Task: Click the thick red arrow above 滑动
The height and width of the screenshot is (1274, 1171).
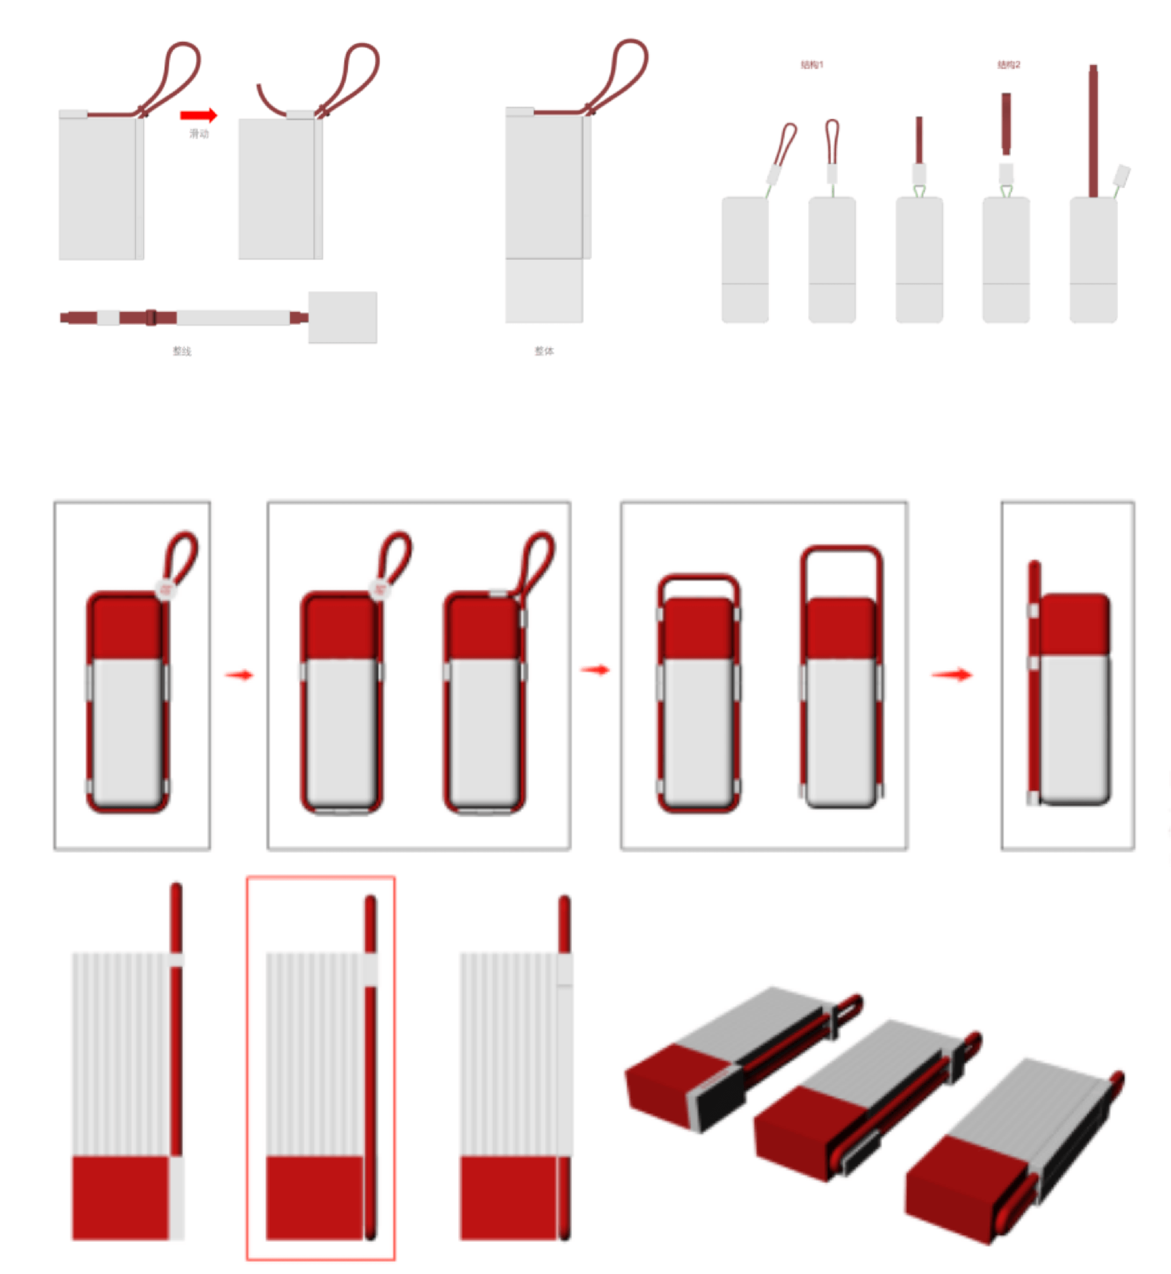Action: [198, 115]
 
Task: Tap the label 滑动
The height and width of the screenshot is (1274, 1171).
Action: [199, 133]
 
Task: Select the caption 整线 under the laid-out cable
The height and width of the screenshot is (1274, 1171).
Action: [182, 351]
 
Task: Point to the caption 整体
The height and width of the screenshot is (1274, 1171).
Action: [544, 351]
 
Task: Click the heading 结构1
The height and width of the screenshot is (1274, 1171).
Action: [812, 65]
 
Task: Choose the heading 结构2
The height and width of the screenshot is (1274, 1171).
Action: [1009, 65]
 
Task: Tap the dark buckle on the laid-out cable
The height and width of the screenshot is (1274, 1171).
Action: [151, 317]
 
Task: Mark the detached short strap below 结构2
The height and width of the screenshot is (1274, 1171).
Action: [1006, 123]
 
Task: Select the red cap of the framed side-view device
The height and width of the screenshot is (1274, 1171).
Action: [1075, 624]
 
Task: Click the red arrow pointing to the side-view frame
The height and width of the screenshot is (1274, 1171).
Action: [952, 675]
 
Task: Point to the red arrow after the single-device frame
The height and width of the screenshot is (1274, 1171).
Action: [239, 675]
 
